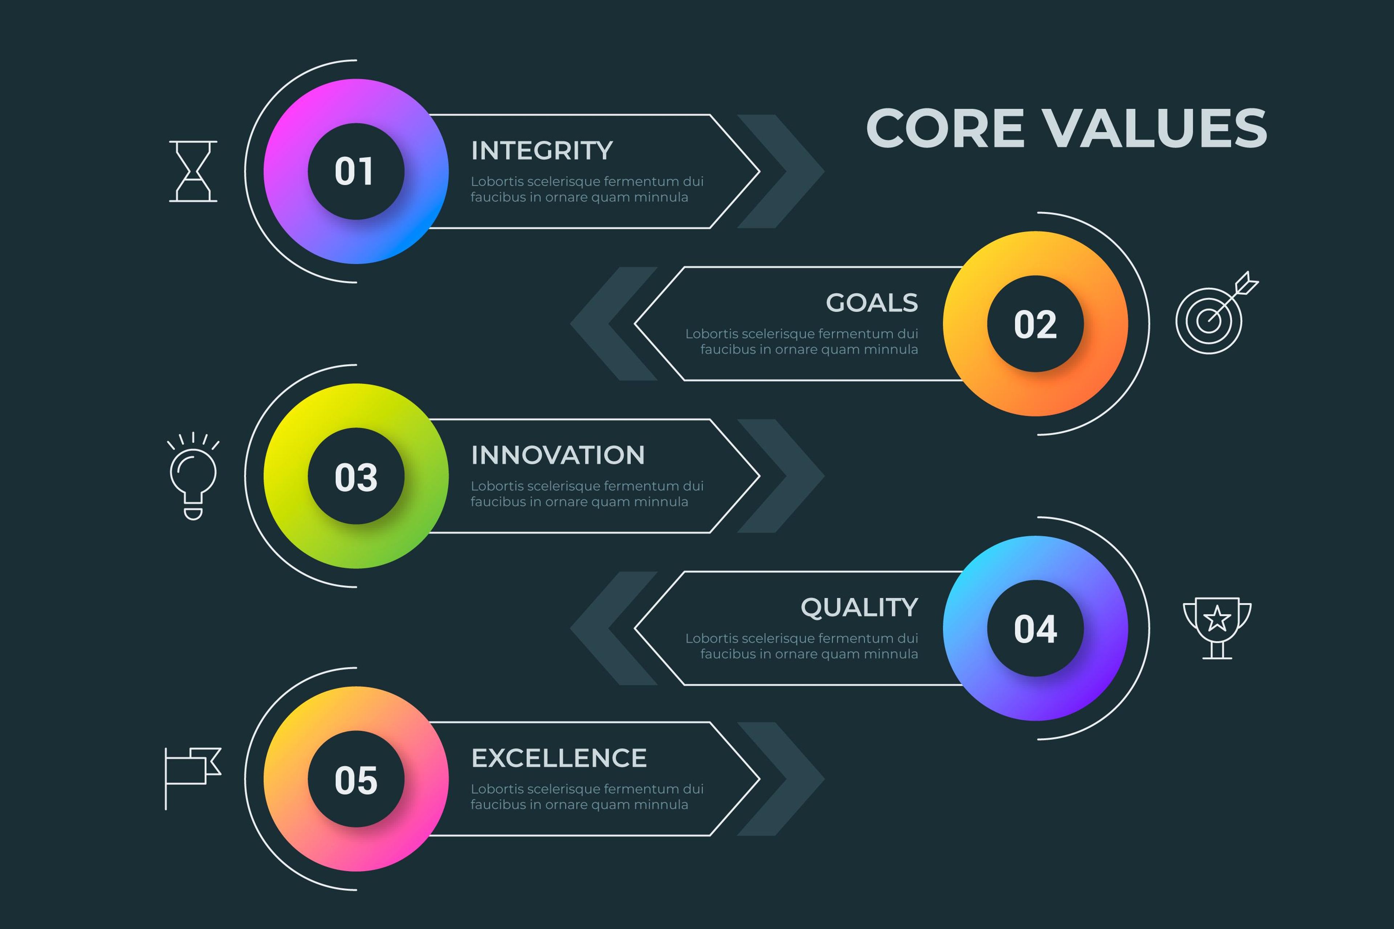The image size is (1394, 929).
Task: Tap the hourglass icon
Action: coord(193,171)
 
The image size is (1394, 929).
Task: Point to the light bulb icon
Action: coord(193,476)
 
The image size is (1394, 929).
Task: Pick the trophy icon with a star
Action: coord(1217,627)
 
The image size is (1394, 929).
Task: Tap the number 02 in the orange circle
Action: coord(1035,324)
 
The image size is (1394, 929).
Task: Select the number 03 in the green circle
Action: coord(356,477)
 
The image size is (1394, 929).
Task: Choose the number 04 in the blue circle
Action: coord(1035,629)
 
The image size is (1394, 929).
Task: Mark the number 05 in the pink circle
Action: coord(356,780)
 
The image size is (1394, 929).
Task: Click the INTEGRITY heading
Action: coord(542,151)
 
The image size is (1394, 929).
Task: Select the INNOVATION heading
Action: coord(557,455)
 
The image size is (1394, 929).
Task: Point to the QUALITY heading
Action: coord(859,607)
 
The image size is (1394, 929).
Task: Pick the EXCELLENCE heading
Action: coord(558,758)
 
